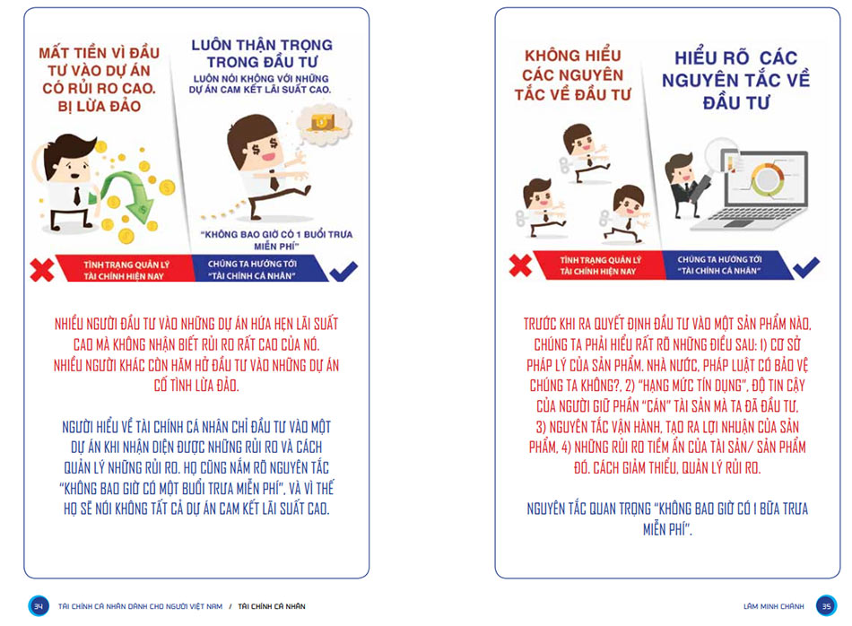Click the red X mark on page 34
click(x=42, y=270)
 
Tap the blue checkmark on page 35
click(x=806, y=266)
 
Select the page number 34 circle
click(x=39, y=606)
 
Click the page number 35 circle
click(x=827, y=606)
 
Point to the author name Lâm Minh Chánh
click(x=774, y=606)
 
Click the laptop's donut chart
click(x=767, y=180)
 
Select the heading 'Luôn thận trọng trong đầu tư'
click(x=262, y=53)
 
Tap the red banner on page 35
click(x=599, y=265)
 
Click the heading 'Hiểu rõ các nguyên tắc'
click(x=735, y=80)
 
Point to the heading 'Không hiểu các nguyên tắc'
click(x=573, y=75)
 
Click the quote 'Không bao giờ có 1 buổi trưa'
click(x=276, y=239)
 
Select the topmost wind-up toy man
click(x=583, y=153)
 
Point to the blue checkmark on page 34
click(x=343, y=271)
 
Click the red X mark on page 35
click(x=520, y=265)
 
